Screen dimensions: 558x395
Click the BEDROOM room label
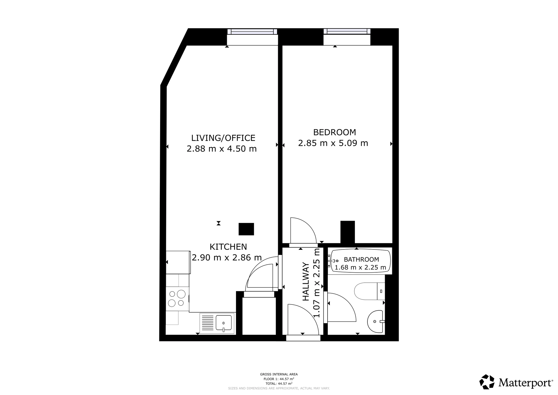[x=335, y=132]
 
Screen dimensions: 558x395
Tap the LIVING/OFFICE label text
[x=223, y=138]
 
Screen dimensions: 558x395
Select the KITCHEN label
[x=228, y=247]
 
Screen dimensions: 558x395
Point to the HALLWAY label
[x=306, y=282]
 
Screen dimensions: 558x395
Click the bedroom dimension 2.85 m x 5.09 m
[x=333, y=143]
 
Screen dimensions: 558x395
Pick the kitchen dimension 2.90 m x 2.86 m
[x=227, y=257]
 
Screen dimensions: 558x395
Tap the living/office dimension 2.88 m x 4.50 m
[x=222, y=149]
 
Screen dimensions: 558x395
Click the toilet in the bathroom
[x=370, y=291]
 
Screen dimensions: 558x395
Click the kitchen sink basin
[x=224, y=323]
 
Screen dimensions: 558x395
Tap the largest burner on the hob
[x=181, y=294]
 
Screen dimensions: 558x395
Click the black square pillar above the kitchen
[x=246, y=229]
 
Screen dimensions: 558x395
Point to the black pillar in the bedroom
[x=348, y=232]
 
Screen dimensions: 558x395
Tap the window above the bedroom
[x=347, y=32]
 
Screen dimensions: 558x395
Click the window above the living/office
[x=252, y=32]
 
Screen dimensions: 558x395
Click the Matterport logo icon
[x=487, y=382]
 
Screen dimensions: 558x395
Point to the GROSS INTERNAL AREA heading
[x=279, y=374]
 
